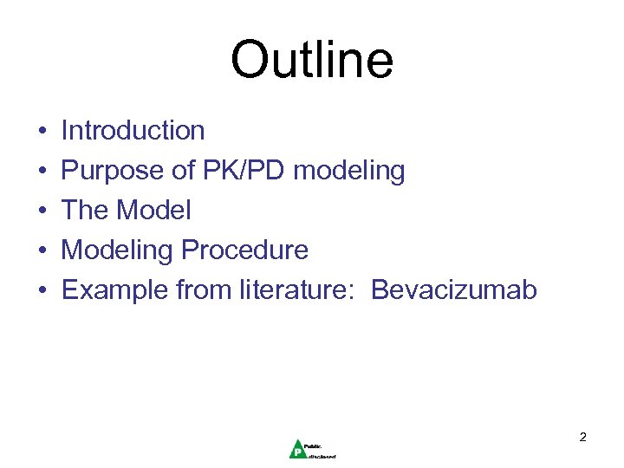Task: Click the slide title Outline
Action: [312, 61]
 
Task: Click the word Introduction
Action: [133, 131]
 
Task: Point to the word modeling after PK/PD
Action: [348, 172]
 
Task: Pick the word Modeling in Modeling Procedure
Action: [117, 251]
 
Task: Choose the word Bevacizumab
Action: [454, 290]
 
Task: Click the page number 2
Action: [582, 438]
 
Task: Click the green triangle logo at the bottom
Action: [296, 447]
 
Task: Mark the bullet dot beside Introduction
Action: [42, 132]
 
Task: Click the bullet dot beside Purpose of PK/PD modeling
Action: [42, 172]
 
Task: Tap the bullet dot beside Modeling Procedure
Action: [42, 251]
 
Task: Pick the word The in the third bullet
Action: [85, 211]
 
